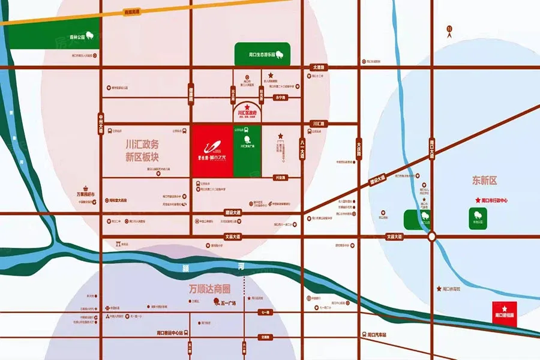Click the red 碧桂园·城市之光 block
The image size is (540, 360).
click(x=211, y=151)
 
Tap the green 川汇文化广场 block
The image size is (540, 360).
click(x=247, y=151)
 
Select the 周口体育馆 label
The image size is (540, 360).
click(x=451, y=289)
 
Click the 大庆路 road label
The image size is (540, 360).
click(x=359, y=148)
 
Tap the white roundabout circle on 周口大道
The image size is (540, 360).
click(x=431, y=238)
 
